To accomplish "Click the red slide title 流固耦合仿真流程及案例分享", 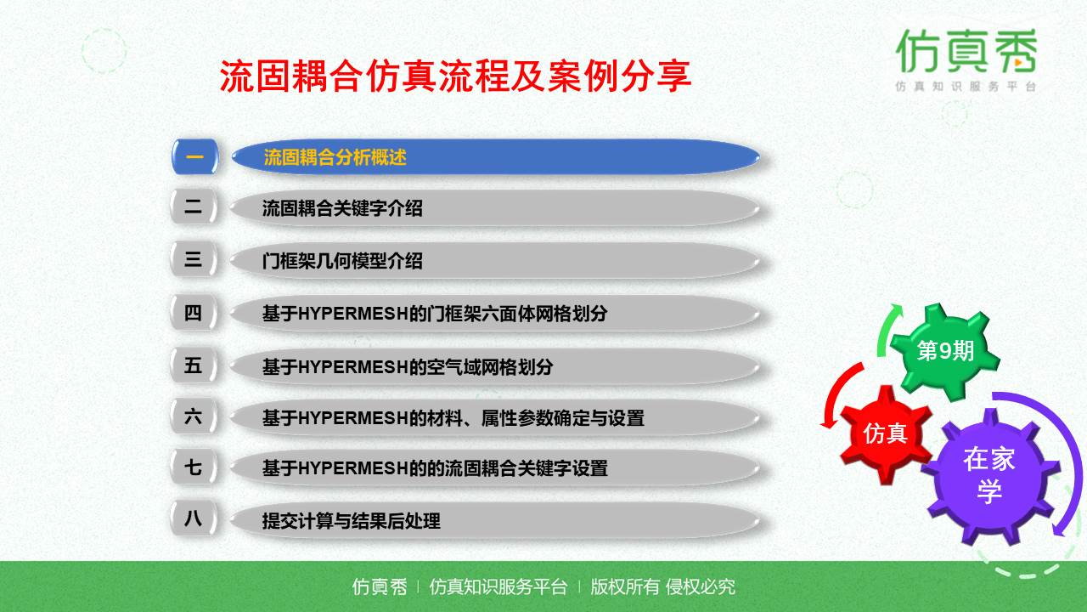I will [455, 76].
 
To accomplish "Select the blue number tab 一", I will [194, 156].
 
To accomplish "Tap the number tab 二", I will [194, 207].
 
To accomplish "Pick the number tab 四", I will [194, 313].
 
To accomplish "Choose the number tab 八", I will [194, 518].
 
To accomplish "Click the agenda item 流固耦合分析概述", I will [335, 157].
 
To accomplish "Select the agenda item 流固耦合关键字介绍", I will [341, 208].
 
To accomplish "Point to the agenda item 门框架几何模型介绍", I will [341, 261].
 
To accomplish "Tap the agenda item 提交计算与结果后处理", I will [351, 520].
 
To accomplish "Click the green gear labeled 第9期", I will [944, 351].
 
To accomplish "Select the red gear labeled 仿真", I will [885, 433].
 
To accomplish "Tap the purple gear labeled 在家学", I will [989, 475].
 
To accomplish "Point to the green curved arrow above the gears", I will [888, 327].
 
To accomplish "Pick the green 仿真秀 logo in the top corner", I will [966, 51].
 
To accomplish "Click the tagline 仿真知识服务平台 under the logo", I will [966, 87].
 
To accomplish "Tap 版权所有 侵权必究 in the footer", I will [662, 586].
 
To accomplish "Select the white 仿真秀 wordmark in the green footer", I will [380, 586].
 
